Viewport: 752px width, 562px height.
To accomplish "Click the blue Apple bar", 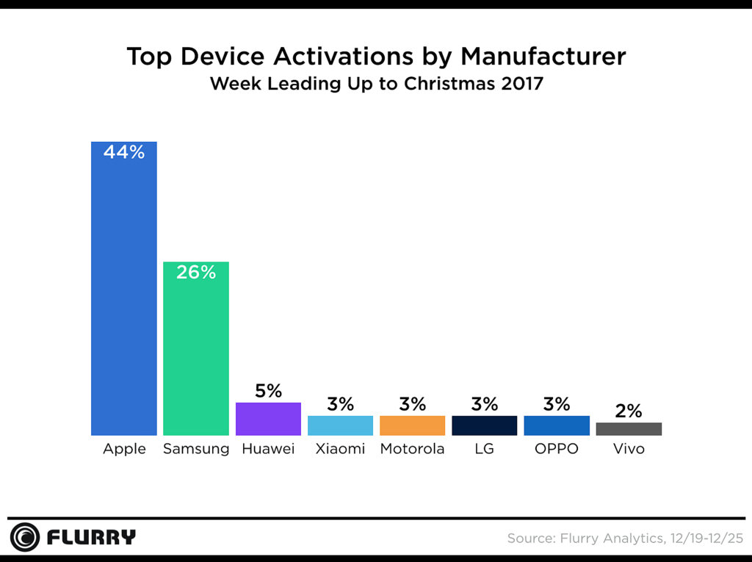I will [x=123, y=294].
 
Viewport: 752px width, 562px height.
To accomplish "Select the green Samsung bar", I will [x=196, y=353].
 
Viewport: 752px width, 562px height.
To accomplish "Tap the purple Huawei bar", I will [x=268, y=419].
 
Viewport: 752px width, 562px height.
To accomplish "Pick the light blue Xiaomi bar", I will [x=340, y=425].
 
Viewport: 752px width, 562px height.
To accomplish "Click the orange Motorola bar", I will [x=412, y=425].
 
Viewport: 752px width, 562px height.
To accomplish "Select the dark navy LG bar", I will [x=484, y=425].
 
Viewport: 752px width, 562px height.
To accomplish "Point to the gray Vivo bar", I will [x=629, y=429].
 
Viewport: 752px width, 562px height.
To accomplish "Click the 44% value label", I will [x=123, y=153].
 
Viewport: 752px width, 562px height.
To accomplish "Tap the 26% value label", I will [x=196, y=273].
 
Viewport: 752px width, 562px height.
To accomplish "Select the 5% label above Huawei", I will [x=268, y=391].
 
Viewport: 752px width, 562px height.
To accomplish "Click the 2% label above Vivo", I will [x=629, y=411].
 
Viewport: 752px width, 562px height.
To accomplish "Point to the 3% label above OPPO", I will [x=557, y=404].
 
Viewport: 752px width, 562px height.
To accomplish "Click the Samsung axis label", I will [x=196, y=449].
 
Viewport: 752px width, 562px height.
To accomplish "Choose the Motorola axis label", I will [x=412, y=449].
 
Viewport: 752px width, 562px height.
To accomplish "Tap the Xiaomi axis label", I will [x=340, y=449].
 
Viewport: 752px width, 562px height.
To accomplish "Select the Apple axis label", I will [x=123, y=449].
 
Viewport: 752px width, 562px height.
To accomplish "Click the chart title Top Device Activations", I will [x=376, y=57].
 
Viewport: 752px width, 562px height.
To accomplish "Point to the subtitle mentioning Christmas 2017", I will [x=376, y=84].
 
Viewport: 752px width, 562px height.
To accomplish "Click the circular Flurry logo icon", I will [x=25, y=537].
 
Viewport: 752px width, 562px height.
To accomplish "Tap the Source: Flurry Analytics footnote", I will [x=625, y=538].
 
